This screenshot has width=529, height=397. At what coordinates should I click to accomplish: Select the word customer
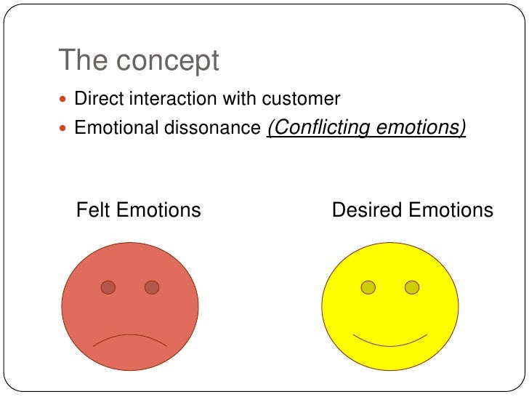[304, 98]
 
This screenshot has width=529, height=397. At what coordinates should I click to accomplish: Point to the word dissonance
[215, 128]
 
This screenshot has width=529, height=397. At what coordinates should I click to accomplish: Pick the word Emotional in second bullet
[118, 128]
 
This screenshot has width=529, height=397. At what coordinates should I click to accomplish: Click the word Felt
[93, 211]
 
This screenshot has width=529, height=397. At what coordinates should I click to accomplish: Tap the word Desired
[367, 211]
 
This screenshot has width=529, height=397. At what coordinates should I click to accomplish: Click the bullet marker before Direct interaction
[63, 99]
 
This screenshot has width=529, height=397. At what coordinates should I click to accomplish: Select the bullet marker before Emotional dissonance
[63, 129]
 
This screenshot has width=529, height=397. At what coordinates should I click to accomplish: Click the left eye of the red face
[108, 287]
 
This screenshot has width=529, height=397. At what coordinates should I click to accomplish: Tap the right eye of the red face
[152, 287]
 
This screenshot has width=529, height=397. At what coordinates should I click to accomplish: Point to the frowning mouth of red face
[130, 338]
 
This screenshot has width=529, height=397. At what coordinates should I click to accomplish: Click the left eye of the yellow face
[368, 287]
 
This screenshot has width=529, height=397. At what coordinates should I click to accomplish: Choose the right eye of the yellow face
[412, 287]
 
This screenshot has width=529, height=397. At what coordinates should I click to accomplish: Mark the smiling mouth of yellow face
[389, 340]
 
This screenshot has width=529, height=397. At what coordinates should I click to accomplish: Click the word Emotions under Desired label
[451, 211]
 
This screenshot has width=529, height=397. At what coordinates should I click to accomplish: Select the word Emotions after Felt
[158, 211]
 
